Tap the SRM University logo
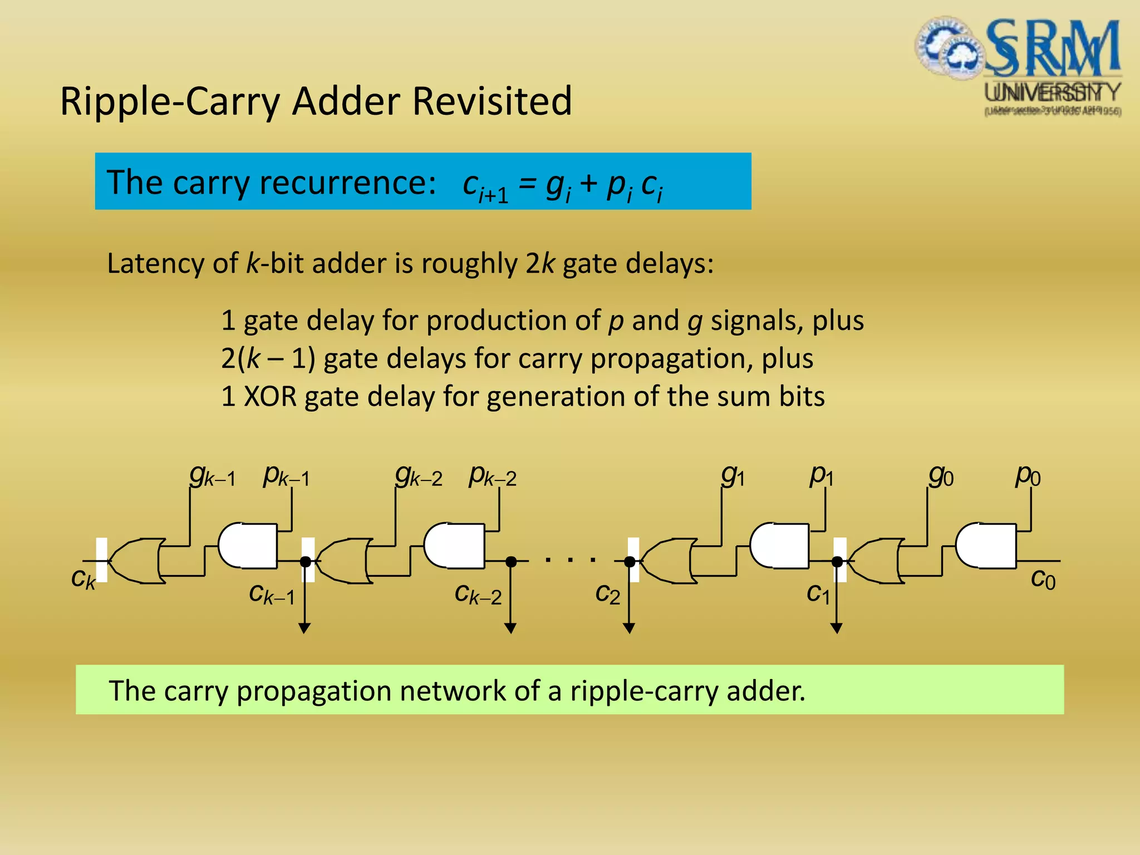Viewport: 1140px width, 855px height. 1018,66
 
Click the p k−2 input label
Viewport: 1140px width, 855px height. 492,476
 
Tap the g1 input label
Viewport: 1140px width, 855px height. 733,476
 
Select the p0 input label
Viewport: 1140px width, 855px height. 1028,476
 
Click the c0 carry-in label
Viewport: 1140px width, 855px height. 1043,579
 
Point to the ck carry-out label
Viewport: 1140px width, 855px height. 83,579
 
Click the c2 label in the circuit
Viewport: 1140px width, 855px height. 607,594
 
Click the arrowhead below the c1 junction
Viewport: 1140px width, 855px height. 836,628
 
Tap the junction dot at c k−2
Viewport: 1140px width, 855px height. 510,562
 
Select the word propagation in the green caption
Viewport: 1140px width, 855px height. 314,691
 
